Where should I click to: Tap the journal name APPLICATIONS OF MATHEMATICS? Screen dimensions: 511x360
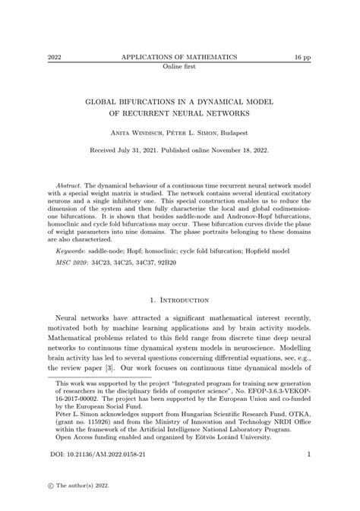(x=179, y=57)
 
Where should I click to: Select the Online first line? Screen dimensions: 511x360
(x=179, y=66)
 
